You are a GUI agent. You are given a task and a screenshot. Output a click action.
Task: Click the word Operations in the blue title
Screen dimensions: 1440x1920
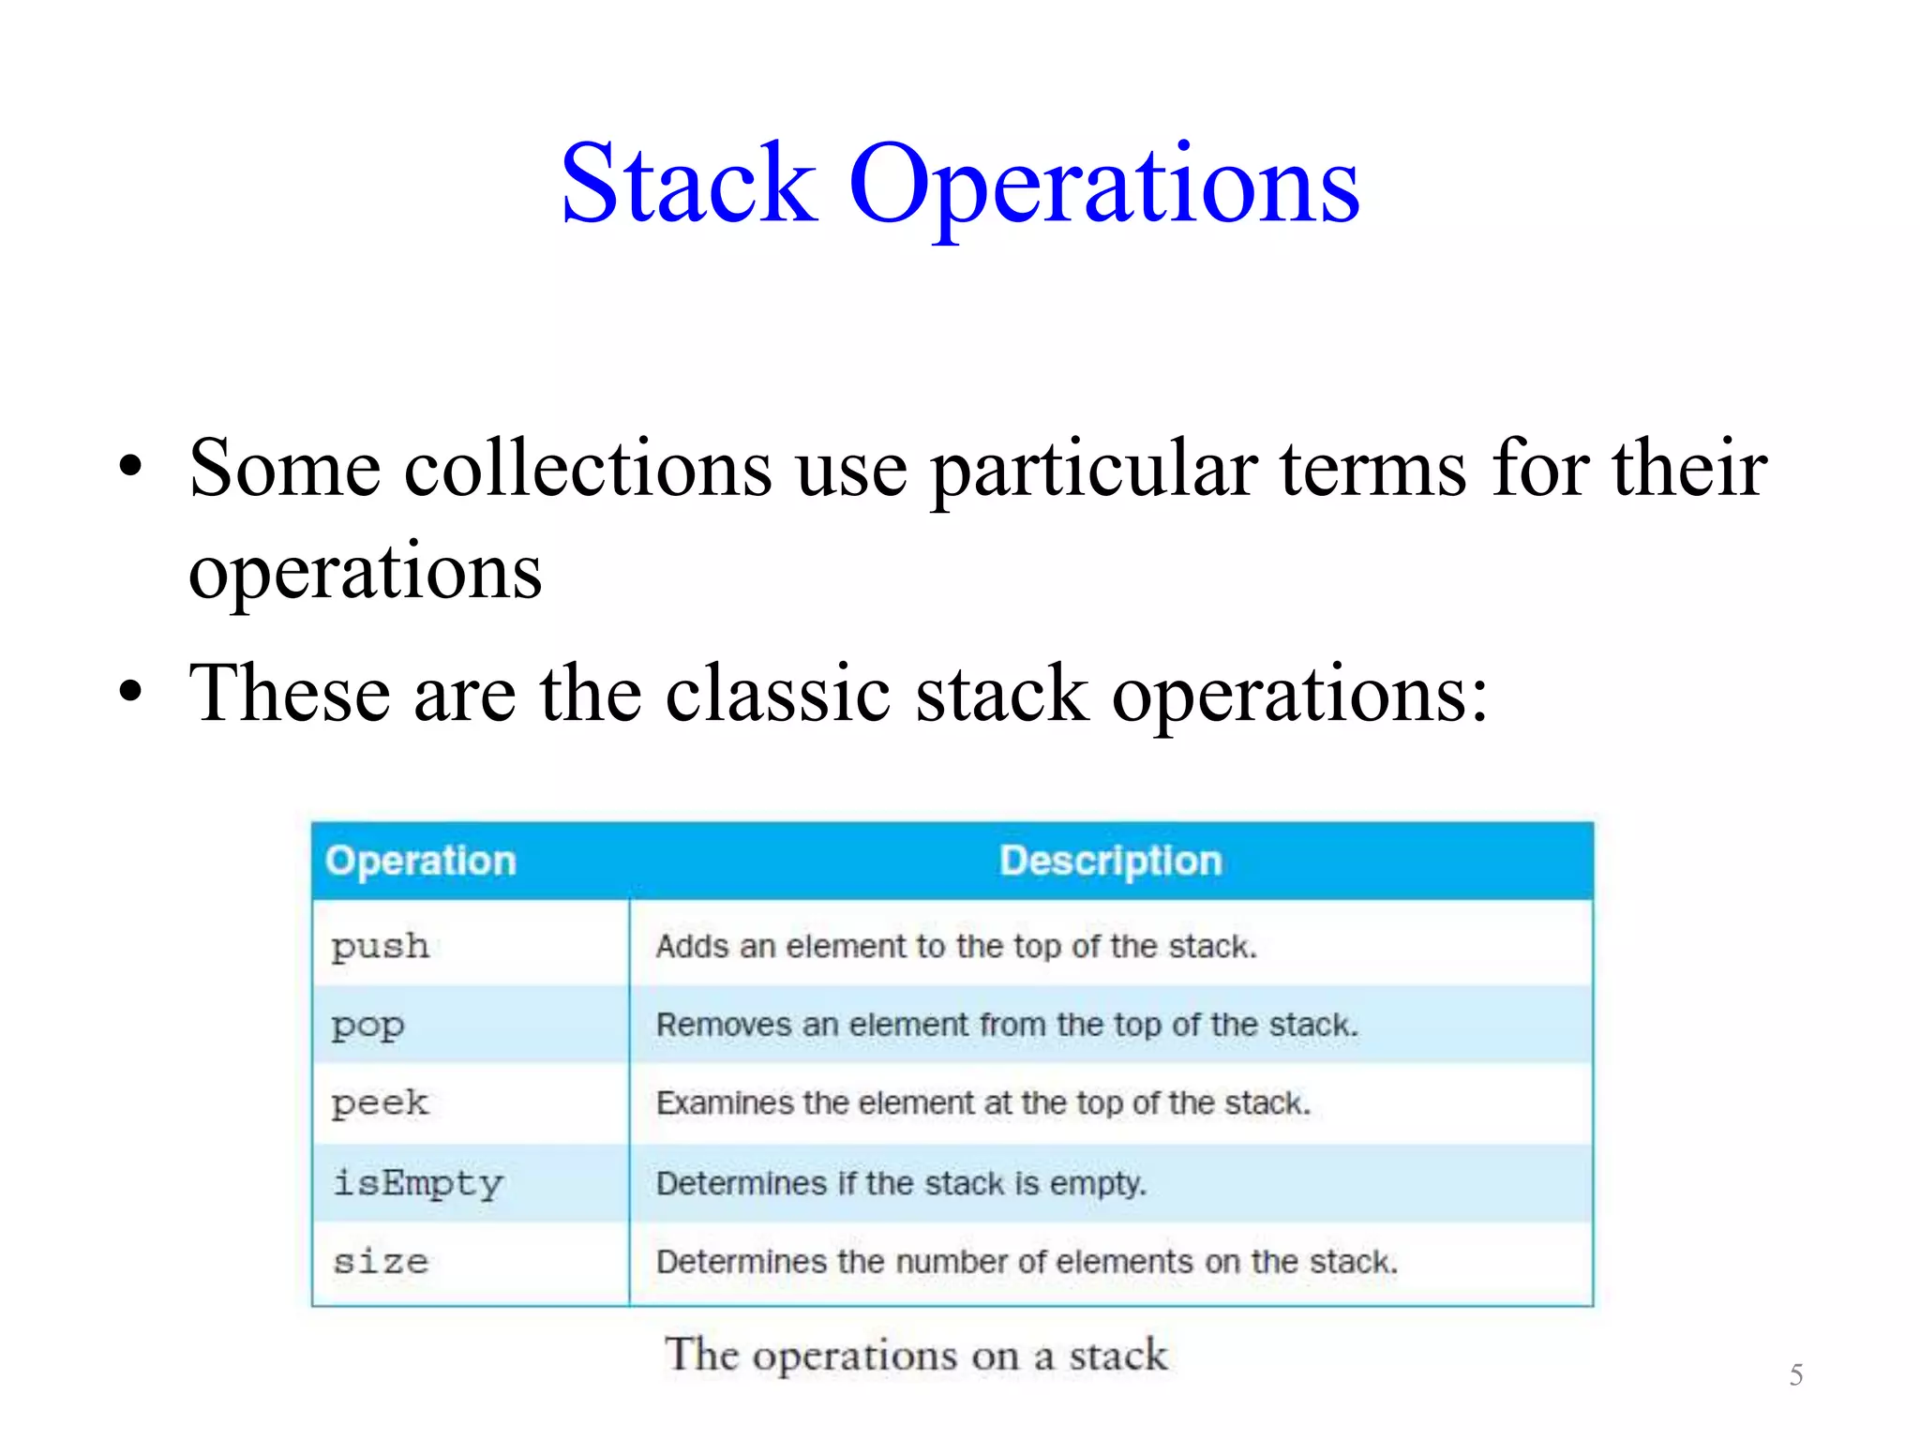click(x=1103, y=185)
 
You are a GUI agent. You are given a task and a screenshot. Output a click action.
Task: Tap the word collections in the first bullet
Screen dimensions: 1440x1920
click(x=588, y=468)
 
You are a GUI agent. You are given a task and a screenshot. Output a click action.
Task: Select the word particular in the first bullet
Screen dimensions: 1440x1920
click(x=1093, y=470)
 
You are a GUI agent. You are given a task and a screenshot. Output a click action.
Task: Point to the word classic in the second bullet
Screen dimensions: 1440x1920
click(x=777, y=694)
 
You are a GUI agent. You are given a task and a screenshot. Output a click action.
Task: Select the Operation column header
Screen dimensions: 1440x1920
click(x=421, y=861)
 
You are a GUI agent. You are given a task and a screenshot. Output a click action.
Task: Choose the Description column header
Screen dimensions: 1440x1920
click(x=1110, y=861)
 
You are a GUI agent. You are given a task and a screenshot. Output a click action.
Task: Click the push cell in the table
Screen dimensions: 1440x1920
click(x=381, y=947)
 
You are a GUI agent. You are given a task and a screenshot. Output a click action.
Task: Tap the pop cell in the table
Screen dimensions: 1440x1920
click(x=367, y=1026)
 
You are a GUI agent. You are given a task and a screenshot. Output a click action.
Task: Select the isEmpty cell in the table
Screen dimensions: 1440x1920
click(x=418, y=1183)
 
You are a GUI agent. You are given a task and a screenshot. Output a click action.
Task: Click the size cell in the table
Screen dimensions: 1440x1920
click(x=381, y=1262)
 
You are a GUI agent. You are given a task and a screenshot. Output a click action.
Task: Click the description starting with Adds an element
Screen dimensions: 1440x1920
click(x=955, y=947)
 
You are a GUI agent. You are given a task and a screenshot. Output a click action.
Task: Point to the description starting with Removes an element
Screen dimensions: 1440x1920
click(x=1006, y=1025)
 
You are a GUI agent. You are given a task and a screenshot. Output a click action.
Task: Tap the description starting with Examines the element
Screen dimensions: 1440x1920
click(x=982, y=1103)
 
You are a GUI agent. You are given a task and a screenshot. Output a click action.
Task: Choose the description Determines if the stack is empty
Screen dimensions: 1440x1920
click(x=901, y=1183)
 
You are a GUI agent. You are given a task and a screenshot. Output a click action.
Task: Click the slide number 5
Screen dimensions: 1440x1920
click(x=1795, y=1375)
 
